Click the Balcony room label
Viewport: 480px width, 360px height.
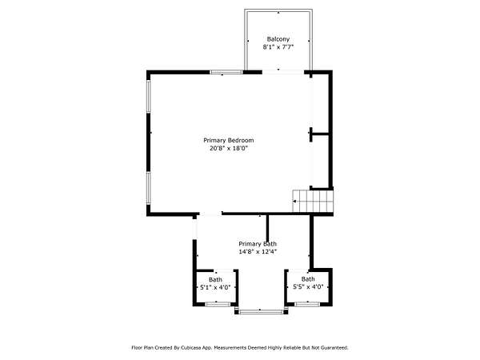pyautogui.click(x=278, y=39)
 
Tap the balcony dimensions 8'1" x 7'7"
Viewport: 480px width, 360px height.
pyautogui.click(x=278, y=47)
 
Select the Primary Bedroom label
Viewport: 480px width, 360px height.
pyautogui.click(x=229, y=140)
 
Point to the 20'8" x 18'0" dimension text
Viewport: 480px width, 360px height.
pyautogui.click(x=229, y=149)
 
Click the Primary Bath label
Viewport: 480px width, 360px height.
pyautogui.click(x=258, y=244)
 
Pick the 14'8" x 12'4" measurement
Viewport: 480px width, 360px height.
pyautogui.click(x=258, y=252)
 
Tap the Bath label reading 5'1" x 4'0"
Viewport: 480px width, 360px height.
pyautogui.click(x=215, y=283)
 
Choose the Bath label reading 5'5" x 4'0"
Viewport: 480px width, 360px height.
pyautogui.click(x=308, y=283)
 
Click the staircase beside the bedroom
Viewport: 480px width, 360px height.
pyautogui.click(x=313, y=201)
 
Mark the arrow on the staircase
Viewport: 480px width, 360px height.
pyautogui.click(x=294, y=201)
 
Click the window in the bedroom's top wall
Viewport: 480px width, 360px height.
pyautogui.click(x=226, y=72)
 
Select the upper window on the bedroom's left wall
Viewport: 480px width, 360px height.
pyautogui.click(x=149, y=96)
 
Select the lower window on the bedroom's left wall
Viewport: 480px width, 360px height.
pyautogui.click(x=149, y=188)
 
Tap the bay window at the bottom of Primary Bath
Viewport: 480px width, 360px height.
pyautogui.click(x=262, y=312)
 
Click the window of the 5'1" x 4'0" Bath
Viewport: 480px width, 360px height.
pyautogui.click(x=218, y=304)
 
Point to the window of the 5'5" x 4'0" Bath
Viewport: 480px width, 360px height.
pyautogui.click(x=307, y=304)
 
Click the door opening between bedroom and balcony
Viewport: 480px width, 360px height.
pyautogui.click(x=283, y=72)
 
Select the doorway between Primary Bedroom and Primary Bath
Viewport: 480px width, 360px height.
pyautogui.click(x=211, y=214)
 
